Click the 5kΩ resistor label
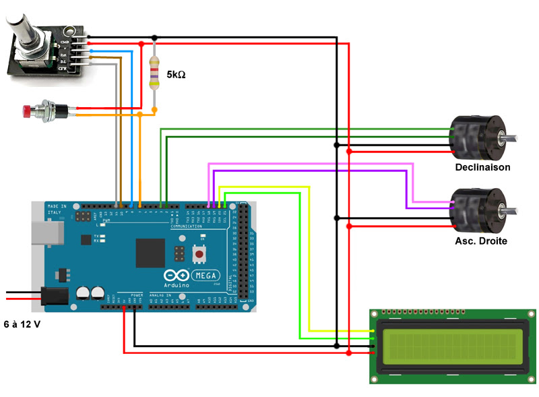[176, 75]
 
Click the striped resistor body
[154, 73]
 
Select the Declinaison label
[482, 167]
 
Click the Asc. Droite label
[481, 241]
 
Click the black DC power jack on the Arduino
[55, 297]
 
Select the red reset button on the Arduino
[200, 254]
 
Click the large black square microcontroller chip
[151, 253]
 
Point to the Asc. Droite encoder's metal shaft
[509, 210]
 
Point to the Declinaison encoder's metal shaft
[509, 138]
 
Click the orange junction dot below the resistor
[154, 109]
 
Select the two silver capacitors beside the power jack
[90, 292]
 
